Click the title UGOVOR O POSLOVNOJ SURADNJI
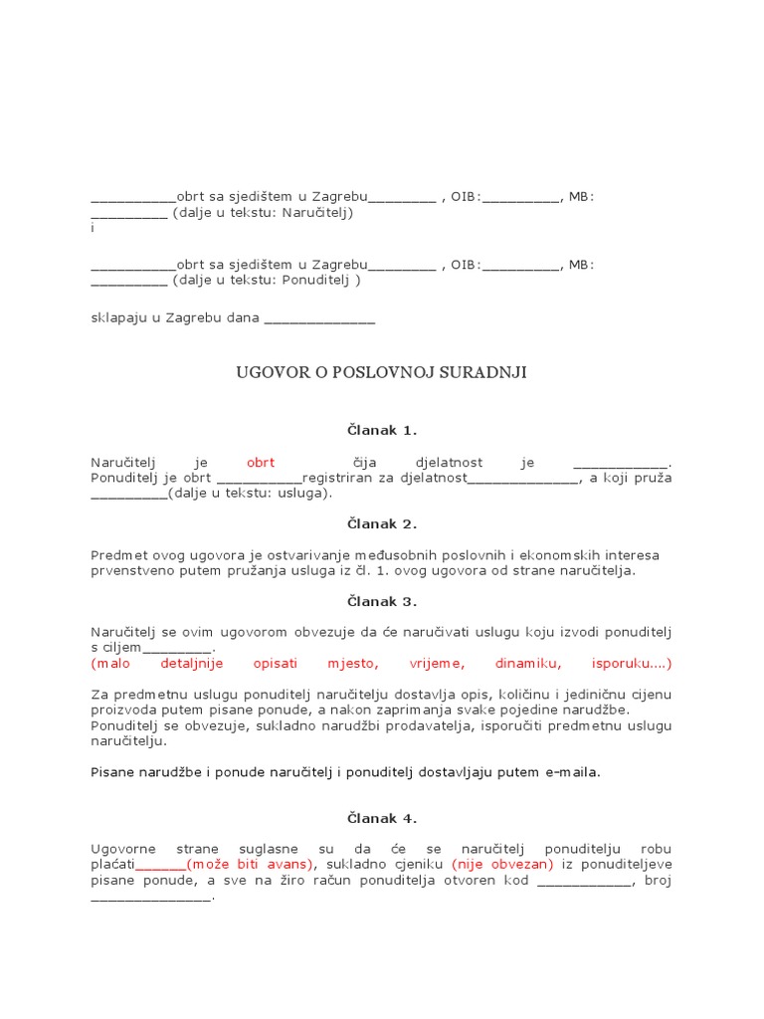[381, 373]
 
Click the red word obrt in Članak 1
[260, 463]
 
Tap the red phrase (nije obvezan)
[502, 864]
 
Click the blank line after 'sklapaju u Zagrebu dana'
[320, 319]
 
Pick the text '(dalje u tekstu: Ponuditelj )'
[267, 280]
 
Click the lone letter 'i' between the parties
[93, 228]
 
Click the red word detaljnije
[191, 664]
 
